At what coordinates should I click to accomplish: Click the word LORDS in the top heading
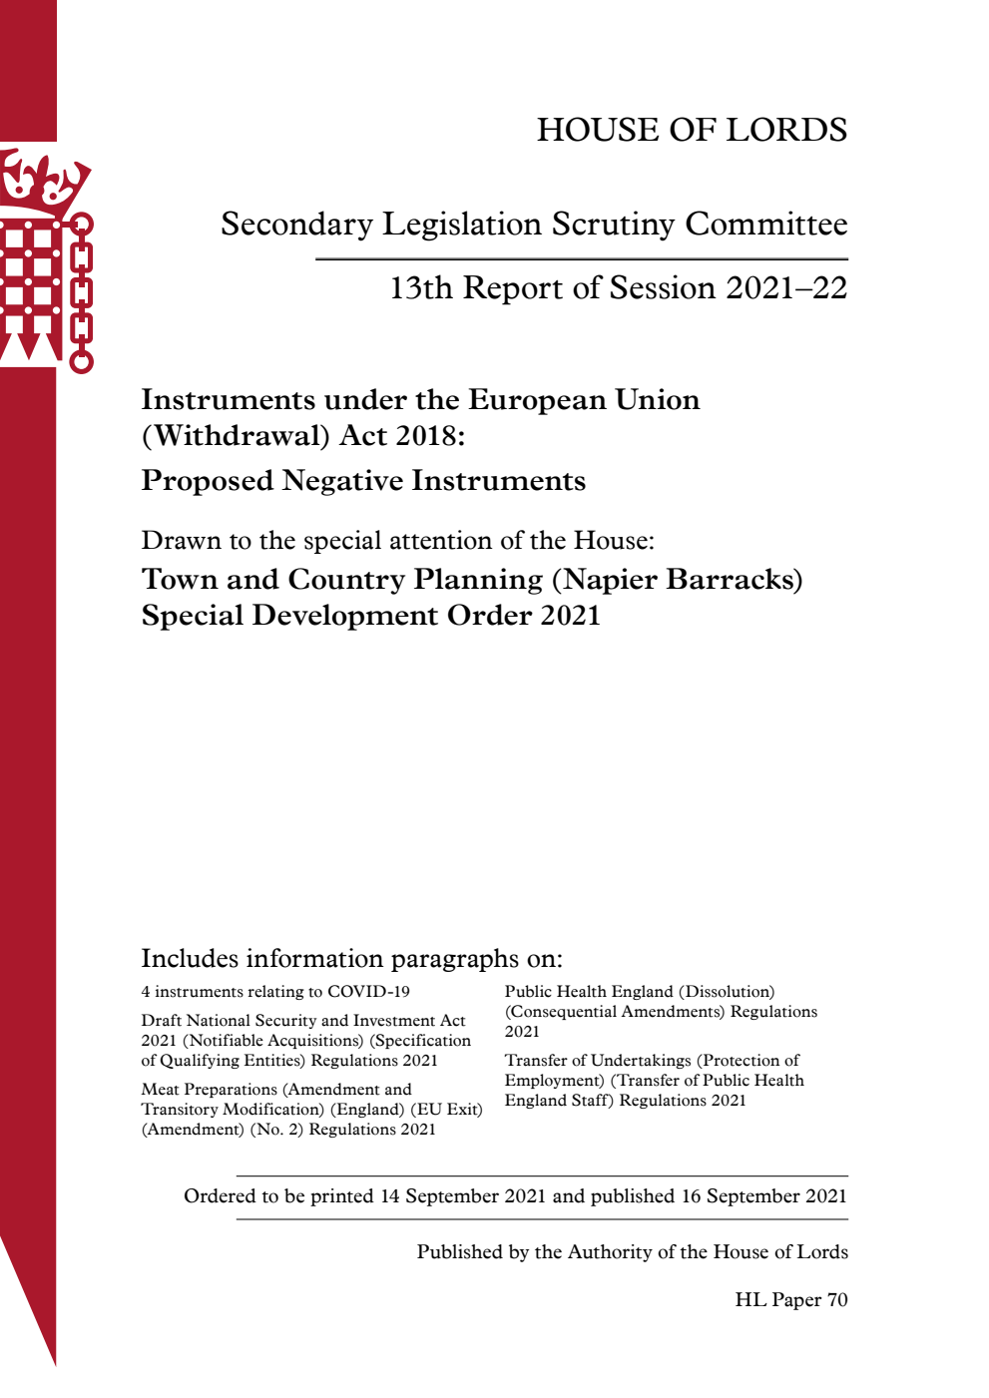786,130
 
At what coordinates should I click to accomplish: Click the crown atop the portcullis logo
45,180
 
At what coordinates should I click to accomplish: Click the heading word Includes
190,959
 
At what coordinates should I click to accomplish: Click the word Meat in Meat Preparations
160,1090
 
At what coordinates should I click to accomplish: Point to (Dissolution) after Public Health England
727,992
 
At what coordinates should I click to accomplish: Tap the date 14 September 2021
463,1196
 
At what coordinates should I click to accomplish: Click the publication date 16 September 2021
763,1196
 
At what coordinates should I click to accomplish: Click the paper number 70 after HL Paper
837,1300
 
